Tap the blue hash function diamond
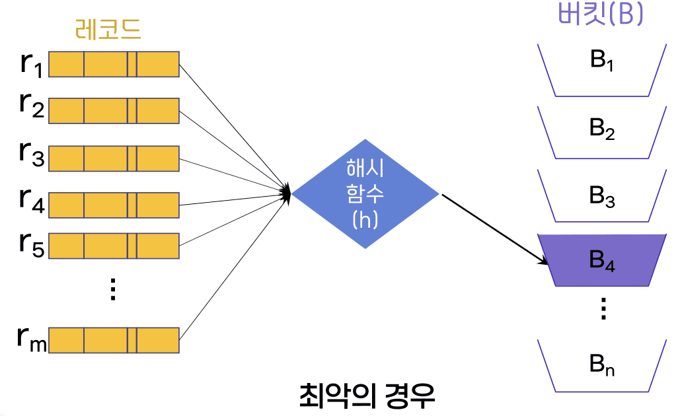click(365, 193)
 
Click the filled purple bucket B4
click(602, 260)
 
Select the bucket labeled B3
click(602, 196)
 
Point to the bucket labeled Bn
click(602, 364)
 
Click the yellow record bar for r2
click(114, 110)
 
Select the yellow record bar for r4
click(114, 205)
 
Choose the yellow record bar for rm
click(114, 339)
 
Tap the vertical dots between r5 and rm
click(112, 289)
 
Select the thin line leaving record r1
click(231, 122)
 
